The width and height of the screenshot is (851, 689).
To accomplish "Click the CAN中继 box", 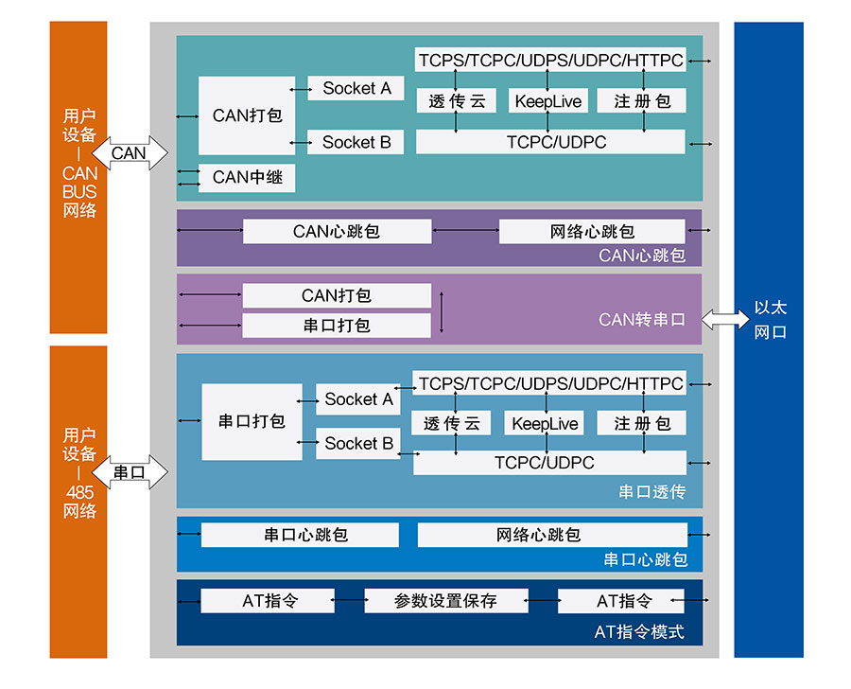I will pos(247,177).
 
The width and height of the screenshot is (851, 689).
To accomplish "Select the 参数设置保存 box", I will pos(445,601).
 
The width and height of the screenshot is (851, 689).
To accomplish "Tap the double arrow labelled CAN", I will pos(130,152).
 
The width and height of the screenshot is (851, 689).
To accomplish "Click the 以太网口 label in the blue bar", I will pos(769,320).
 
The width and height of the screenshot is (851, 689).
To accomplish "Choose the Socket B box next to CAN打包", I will pos(356,142).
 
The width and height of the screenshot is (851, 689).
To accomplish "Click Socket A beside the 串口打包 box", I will pos(358,399).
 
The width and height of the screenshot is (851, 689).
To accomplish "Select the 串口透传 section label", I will pos(651,492).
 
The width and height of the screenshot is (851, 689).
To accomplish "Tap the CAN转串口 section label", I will pos(642,319).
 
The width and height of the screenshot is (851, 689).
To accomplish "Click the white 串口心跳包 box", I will pos(300,535).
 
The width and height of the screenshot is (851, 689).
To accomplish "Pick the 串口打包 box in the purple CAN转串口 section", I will pos(337,326).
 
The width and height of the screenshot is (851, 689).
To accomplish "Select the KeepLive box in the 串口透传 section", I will pos(545,423).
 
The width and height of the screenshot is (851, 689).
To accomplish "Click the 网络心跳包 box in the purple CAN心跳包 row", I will pos(592,231).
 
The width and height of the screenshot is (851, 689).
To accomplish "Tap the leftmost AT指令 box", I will pos(268,601).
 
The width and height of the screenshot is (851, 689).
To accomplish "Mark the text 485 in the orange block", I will pos(79,492).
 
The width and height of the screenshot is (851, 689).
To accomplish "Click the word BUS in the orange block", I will pos(79,191).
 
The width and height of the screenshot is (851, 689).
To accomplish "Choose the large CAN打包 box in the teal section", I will pos(247,115).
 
